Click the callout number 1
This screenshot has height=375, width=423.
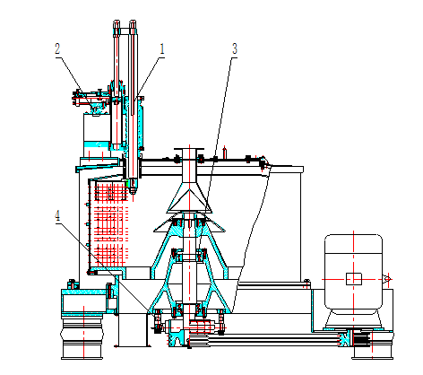point(162,48)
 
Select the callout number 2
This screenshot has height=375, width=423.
point(57,48)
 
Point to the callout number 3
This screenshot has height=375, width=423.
point(235,48)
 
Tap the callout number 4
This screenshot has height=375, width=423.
point(57,215)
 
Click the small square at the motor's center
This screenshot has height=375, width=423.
point(354,279)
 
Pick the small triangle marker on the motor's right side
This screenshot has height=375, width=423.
point(387,279)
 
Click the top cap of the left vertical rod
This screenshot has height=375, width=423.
point(117,24)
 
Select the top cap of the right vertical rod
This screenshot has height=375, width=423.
point(133,24)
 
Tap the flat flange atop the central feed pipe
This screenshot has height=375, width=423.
point(189,149)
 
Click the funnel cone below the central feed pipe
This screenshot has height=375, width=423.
point(189,197)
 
